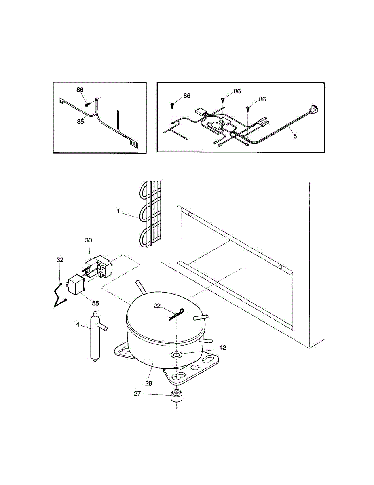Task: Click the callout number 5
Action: (295, 136)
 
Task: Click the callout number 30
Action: (89, 240)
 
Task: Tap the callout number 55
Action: (95, 303)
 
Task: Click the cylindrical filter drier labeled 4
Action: (95, 335)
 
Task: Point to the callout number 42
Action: (223, 347)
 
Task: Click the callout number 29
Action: (148, 382)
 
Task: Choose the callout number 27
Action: (138, 393)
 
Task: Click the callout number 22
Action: (157, 306)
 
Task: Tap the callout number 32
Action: (60, 260)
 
